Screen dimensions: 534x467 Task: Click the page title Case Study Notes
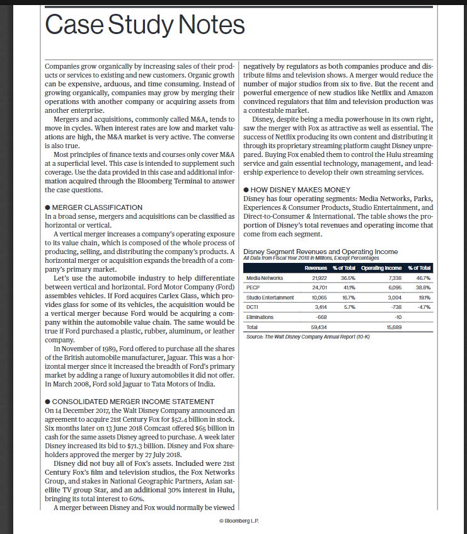tap(145, 25)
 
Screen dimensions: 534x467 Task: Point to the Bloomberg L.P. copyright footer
tap(238, 521)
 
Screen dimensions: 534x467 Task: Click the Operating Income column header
tap(382, 268)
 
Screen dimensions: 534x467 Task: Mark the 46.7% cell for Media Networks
tap(420, 277)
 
